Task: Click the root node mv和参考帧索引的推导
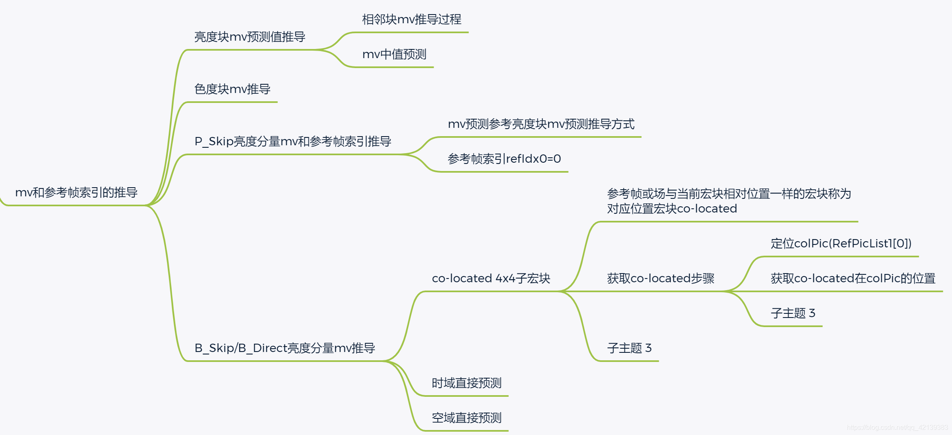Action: (x=76, y=193)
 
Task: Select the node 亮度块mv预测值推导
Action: (x=250, y=37)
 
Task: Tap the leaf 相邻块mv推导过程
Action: (x=412, y=20)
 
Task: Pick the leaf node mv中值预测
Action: (x=394, y=54)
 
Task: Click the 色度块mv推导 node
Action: (x=232, y=89)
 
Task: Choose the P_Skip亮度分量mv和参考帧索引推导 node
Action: (x=293, y=142)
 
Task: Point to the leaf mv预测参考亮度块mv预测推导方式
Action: (x=541, y=124)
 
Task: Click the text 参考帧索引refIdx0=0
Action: (x=504, y=159)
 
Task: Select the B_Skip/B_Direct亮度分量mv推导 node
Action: (x=285, y=348)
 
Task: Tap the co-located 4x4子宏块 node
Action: (x=491, y=278)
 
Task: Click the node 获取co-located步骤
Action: (x=660, y=278)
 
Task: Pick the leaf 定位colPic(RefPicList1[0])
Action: (x=841, y=243)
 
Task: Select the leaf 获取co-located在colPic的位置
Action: (x=853, y=278)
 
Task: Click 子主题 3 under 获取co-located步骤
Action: (x=793, y=313)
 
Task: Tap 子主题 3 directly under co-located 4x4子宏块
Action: (x=629, y=348)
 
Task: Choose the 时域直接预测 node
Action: (x=466, y=383)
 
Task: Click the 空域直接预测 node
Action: (x=466, y=418)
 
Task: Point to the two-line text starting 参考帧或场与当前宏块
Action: (x=729, y=201)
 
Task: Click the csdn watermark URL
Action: (x=897, y=428)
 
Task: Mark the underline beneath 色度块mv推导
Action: (x=231, y=102)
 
